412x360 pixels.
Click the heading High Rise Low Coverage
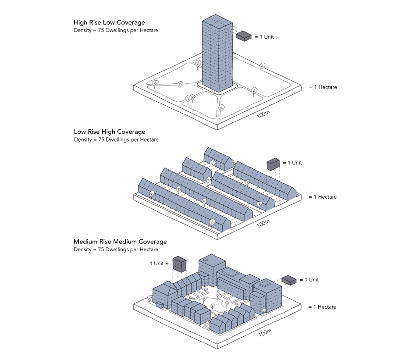pyautogui.click(x=109, y=22)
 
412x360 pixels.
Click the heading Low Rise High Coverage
pyautogui.click(x=110, y=132)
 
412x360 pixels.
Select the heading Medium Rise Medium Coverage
pyautogui.click(x=120, y=242)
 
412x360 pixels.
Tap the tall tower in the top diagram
pyautogui.click(x=216, y=53)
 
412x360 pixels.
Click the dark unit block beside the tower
pyautogui.click(x=244, y=36)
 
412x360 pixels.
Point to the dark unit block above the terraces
pyautogui.click(x=273, y=164)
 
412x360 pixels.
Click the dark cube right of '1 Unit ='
pyautogui.click(x=179, y=263)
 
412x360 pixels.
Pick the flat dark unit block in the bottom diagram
pyautogui.click(x=289, y=279)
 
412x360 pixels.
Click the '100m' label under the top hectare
pyautogui.click(x=263, y=115)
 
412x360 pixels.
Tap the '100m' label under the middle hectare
pyautogui.click(x=263, y=224)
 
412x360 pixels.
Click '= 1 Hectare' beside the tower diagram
pyautogui.click(x=323, y=87)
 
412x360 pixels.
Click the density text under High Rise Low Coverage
pyautogui.click(x=116, y=31)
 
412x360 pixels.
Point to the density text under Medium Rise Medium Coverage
pyautogui.click(x=116, y=250)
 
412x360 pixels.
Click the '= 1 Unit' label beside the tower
pyautogui.click(x=264, y=37)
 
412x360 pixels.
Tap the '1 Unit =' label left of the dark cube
pyautogui.click(x=160, y=264)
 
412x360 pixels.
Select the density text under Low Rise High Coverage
pyautogui.click(x=116, y=140)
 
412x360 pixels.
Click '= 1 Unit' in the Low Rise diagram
pyautogui.click(x=292, y=163)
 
